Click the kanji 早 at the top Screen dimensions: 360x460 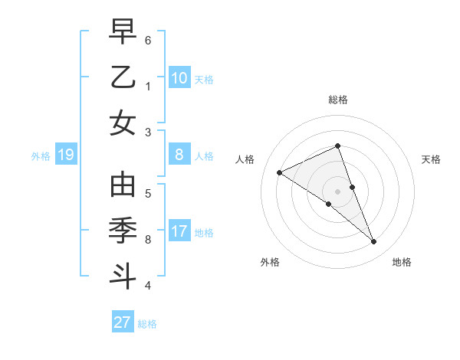point(123,34)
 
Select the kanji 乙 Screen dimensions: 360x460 point(123,77)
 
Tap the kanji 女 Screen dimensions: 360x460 point(123,122)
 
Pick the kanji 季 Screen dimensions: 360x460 point(123,231)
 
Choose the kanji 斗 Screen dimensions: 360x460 point(123,275)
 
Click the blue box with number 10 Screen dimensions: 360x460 point(179,77)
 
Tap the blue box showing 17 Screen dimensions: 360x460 point(179,231)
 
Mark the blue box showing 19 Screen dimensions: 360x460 point(65,155)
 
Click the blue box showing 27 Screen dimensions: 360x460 point(123,322)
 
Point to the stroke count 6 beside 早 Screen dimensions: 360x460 point(148,40)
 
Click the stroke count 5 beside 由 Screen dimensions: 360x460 point(148,193)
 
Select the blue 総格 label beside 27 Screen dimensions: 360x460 point(147,324)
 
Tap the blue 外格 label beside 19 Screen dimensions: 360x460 point(41,156)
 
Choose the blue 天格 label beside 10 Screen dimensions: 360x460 point(204,79)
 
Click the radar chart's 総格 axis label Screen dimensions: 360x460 point(338,100)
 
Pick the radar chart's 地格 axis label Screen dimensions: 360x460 point(402,262)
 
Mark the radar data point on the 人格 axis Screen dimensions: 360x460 point(279,172)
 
